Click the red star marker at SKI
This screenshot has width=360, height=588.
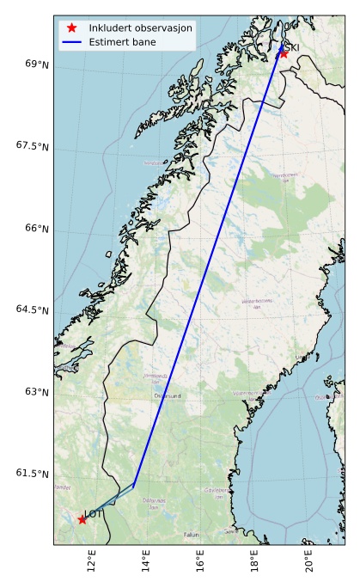(284, 53)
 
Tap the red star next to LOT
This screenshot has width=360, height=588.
(82, 519)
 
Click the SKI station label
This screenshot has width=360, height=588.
(292, 47)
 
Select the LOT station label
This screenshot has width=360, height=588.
(94, 514)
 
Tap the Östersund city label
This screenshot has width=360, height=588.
(168, 396)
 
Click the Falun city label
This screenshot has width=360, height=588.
(192, 535)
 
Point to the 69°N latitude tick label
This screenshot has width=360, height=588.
(36, 64)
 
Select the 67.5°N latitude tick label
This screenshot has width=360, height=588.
(33, 146)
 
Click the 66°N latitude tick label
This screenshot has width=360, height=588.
(36, 228)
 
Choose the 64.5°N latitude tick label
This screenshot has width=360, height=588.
(33, 309)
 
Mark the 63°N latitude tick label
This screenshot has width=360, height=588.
(36, 392)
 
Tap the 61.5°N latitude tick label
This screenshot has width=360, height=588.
(33, 474)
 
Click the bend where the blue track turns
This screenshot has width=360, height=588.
(134, 486)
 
